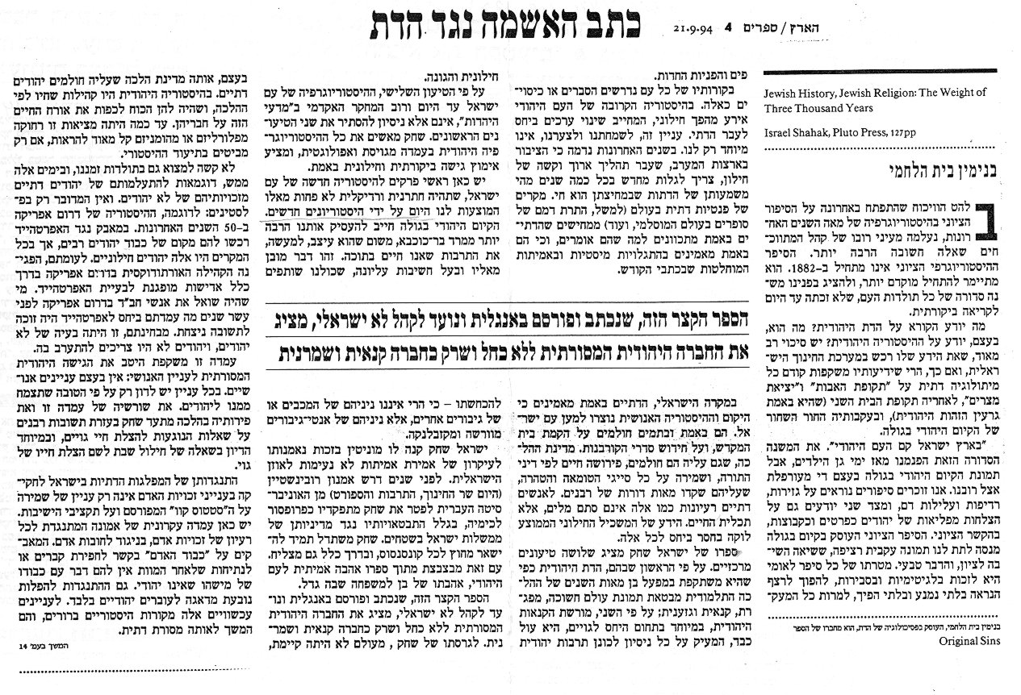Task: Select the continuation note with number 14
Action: [36, 645]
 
